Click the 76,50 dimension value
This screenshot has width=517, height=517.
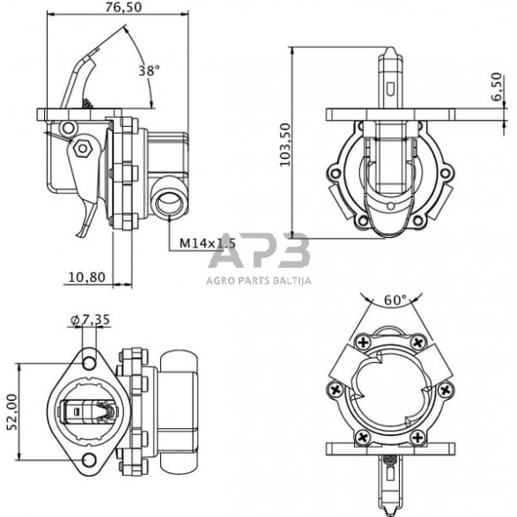coord(123,7)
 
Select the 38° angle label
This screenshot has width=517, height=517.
coord(149,70)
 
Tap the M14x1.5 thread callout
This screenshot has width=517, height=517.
coord(207,243)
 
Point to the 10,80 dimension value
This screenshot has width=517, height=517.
coord(86,277)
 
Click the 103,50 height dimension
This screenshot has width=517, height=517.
coord(284,144)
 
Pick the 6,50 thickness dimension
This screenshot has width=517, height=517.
coord(496,86)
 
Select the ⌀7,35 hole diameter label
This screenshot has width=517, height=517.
coord(90,320)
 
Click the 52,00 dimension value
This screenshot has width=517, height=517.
coord(12,412)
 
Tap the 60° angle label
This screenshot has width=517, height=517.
coord(395,300)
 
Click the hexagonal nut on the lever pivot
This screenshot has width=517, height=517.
coord(82,148)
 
